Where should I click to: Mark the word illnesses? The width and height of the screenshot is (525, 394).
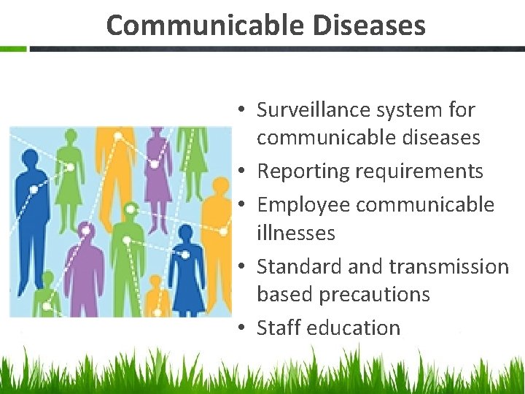[296, 233]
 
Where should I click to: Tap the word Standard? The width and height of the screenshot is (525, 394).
[300, 266]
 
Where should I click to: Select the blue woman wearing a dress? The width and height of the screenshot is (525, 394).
[186, 270]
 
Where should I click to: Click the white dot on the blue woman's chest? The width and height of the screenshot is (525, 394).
[185, 255]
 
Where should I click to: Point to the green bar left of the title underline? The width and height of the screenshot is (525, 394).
[13, 49]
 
